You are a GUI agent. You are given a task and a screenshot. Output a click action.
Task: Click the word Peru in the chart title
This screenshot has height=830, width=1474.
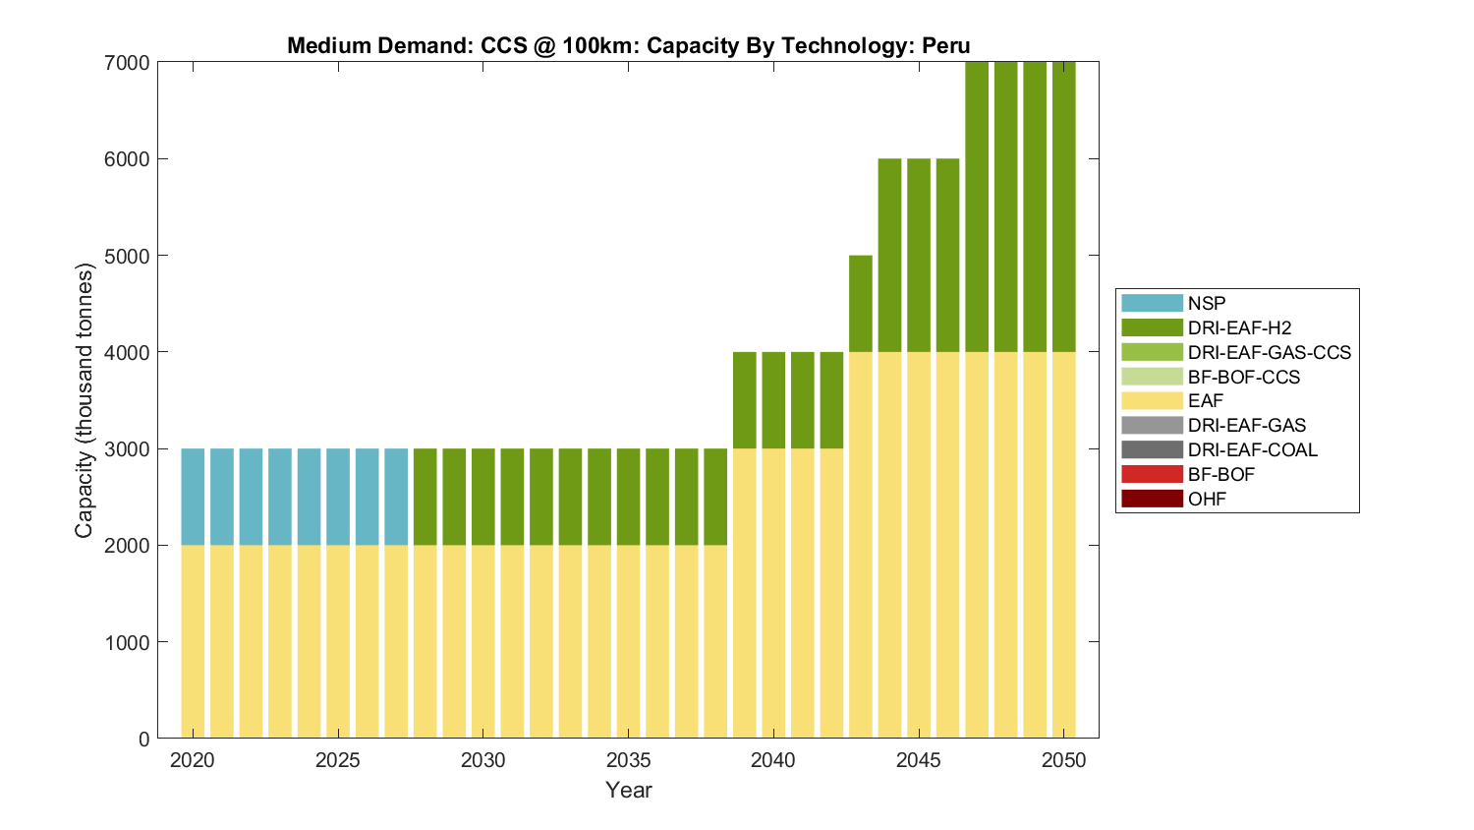(945, 45)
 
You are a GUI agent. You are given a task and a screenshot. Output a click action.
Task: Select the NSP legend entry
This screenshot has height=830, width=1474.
(1206, 303)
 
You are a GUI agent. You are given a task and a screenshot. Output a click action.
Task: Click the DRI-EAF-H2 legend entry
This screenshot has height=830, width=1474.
(1239, 327)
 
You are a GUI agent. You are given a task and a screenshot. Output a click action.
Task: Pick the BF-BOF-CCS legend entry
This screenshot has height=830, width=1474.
(1243, 377)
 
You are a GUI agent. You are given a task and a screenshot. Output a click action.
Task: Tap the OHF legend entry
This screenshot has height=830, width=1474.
(1207, 499)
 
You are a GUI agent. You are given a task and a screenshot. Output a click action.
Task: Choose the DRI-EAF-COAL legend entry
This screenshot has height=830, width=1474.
(1252, 449)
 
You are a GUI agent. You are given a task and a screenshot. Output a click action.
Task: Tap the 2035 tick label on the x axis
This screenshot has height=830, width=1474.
(628, 760)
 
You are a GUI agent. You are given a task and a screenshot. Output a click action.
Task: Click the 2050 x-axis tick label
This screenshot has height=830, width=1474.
(1064, 760)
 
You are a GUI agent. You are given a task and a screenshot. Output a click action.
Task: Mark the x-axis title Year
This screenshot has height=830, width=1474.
(629, 790)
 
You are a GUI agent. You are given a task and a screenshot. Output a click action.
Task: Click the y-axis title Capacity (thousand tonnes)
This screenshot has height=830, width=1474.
(85, 400)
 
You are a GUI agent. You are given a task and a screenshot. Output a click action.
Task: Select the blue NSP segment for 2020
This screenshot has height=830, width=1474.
(193, 497)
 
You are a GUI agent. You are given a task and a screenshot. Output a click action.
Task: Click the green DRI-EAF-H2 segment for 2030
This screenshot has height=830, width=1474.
(483, 497)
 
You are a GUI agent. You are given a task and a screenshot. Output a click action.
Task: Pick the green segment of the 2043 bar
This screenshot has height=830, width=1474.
(861, 303)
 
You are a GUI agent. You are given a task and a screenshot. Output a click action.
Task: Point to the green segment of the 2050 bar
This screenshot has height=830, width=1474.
(1064, 207)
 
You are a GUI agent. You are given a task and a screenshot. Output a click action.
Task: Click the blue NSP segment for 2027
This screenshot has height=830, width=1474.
(396, 497)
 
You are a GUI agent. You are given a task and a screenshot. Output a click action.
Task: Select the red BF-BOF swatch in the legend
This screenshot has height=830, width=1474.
(1152, 474)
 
